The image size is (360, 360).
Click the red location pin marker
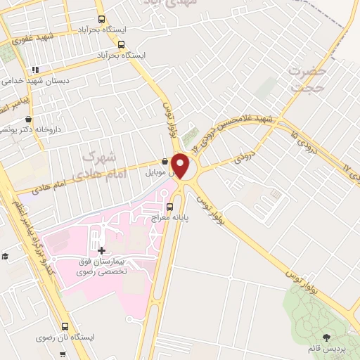tap(181, 165)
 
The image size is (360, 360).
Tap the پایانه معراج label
tap(169, 219)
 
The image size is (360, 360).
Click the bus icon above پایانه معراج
tap(169, 207)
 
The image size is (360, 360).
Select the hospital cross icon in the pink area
tap(102, 250)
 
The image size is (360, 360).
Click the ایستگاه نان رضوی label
tap(67, 337)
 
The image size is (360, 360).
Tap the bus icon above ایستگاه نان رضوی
tap(65, 326)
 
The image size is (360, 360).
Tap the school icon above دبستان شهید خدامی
tap(35, 70)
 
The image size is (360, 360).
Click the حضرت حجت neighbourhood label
tap(309, 79)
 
